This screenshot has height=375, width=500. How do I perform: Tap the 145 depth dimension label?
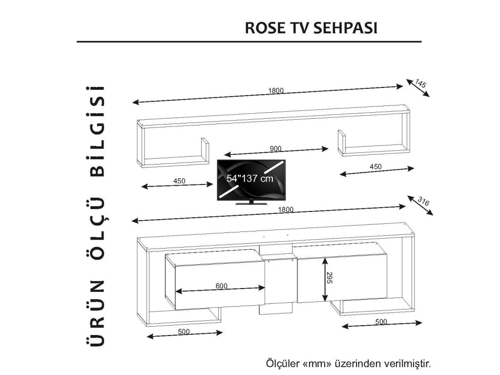[x=421, y=84]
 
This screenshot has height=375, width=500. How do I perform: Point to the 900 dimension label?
[x=275, y=148]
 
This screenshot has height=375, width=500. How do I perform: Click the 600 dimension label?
[x=221, y=286]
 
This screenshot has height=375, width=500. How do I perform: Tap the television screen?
[x=251, y=179]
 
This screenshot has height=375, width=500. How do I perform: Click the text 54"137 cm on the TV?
[x=250, y=179]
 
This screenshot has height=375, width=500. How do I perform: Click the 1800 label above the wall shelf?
[x=275, y=91]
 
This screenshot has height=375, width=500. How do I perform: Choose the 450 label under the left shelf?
[x=179, y=181]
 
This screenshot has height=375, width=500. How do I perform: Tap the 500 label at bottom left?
[x=184, y=332]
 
